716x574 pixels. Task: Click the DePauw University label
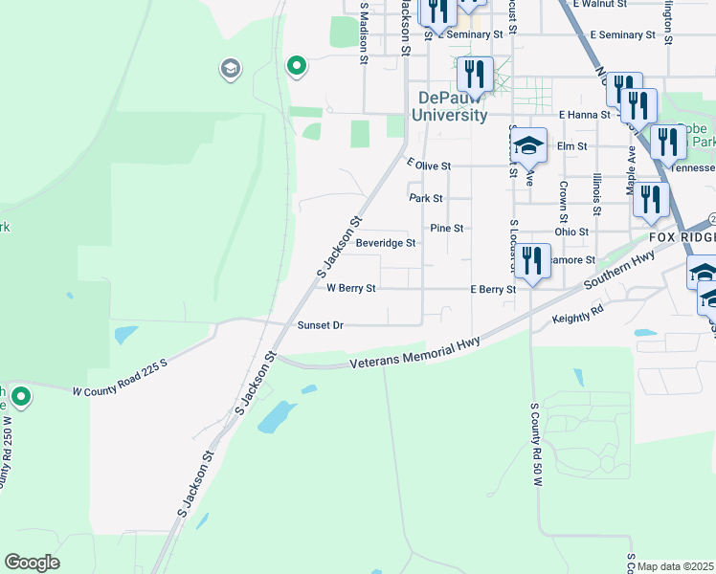click(449, 106)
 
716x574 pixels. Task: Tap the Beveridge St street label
click(385, 243)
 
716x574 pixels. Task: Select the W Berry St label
click(351, 287)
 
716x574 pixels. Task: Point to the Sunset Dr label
click(320, 325)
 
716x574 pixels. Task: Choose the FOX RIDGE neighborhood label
click(682, 236)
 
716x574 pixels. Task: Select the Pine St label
click(446, 229)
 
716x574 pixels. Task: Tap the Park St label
click(426, 199)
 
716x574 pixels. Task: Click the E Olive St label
click(428, 166)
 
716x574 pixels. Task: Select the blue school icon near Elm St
click(527, 146)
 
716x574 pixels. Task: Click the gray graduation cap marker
click(230, 68)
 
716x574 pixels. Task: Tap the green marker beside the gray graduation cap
click(297, 66)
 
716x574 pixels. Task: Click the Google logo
click(32, 563)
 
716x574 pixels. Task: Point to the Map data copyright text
click(675, 566)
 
